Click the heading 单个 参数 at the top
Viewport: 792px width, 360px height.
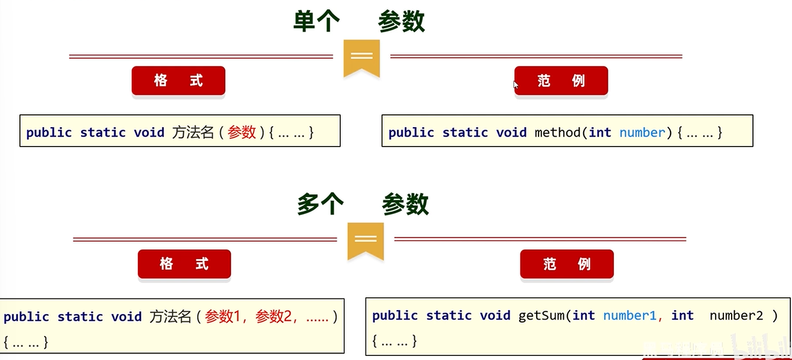pyautogui.click(x=358, y=22)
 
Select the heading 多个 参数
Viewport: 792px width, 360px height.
pyautogui.click(x=363, y=205)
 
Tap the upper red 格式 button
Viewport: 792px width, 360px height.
pyautogui.click(x=178, y=80)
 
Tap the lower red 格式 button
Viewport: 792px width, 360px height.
pyautogui.click(x=184, y=264)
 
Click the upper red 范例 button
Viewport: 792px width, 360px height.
pyautogui.click(x=561, y=80)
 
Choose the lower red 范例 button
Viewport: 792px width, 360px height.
pyautogui.click(x=567, y=264)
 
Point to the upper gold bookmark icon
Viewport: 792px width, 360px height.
pyautogui.click(x=361, y=57)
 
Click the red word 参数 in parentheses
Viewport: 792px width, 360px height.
pyautogui.click(x=242, y=133)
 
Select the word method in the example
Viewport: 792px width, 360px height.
pyautogui.click(x=557, y=133)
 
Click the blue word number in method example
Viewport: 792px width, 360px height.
pyautogui.click(x=642, y=133)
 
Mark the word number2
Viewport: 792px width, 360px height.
pyautogui.click(x=736, y=315)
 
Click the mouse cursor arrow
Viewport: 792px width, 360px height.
pyautogui.click(x=516, y=84)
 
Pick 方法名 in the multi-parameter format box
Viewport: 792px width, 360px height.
pyautogui.click(x=170, y=317)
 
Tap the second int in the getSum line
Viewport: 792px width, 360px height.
pyautogui.click(x=682, y=315)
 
